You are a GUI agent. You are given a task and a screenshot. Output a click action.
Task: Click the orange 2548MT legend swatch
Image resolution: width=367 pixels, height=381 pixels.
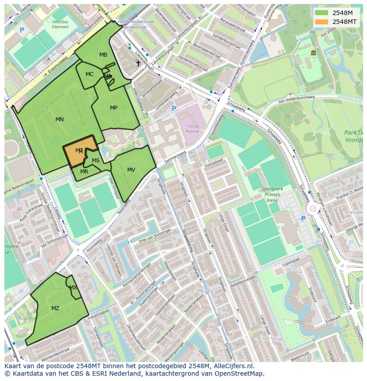click(x=322, y=22)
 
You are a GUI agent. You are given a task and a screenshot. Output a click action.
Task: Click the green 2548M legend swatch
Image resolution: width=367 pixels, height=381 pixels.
click(x=322, y=13)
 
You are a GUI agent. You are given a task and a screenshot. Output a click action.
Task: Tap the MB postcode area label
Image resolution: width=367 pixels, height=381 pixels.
click(x=103, y=55)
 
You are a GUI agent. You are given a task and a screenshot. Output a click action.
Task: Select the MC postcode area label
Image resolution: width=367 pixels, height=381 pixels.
click(x=90, y=74)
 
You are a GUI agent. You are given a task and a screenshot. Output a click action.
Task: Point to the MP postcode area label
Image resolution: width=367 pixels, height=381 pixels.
click(x=113, y=108)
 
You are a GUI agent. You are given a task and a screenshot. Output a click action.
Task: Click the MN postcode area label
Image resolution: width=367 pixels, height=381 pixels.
click(x=59, y=119)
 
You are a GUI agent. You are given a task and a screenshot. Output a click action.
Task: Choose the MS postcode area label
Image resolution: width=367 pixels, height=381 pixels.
click(x=96, y=161)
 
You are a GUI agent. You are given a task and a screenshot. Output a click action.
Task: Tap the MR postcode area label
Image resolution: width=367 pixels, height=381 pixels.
click(x=84, y=172)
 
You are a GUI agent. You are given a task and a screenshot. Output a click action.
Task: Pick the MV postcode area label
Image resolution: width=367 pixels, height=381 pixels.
click(x=131, y=170)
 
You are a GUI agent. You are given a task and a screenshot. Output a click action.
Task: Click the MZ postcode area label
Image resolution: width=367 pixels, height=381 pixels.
click(x=55, y=308)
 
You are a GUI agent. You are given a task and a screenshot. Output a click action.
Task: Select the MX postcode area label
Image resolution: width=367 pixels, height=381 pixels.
click(x=73, y=288)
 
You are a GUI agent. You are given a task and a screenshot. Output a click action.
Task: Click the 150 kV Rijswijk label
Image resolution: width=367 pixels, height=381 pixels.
click(x=192, y=129)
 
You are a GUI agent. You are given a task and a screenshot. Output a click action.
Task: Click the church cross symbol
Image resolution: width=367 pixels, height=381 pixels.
click(x=138, y=63)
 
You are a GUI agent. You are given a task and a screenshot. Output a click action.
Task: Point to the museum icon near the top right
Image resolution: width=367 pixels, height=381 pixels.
click(x=313, y=53)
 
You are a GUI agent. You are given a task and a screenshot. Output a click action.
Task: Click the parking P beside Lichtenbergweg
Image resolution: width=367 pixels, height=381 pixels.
click(x=174, y=109)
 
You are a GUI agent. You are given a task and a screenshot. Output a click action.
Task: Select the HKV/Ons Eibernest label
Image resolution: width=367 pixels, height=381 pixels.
click(x=60, y=24)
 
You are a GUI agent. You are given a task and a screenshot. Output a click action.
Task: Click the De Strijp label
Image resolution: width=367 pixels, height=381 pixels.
click(x=273, y=339)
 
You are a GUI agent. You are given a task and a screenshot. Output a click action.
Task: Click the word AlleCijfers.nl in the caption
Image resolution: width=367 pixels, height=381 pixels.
click(x=232, y=366)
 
